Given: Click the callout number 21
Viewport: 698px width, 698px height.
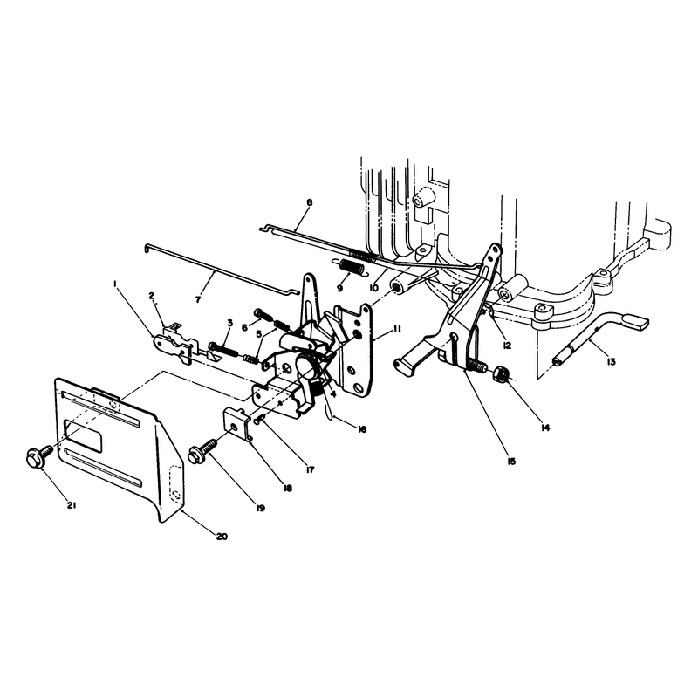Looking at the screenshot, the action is (x=72, y=505).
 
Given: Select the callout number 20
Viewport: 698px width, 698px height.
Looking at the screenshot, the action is (x=222, y=537).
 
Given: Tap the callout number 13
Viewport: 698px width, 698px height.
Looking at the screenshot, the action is (x=612, y=362).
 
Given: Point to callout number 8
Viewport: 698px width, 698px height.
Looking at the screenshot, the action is (x=310, y=202).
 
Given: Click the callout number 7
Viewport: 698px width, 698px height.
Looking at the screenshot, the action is (x=198, y=299).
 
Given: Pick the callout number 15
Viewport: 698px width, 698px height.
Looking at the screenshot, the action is (x=511, y=462).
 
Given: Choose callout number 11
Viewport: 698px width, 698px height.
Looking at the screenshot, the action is (x=397, y=330).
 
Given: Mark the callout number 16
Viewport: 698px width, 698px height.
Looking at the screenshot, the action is (x=361, y=429).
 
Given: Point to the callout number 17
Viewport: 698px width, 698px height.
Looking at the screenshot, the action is (x=310, y=469).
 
